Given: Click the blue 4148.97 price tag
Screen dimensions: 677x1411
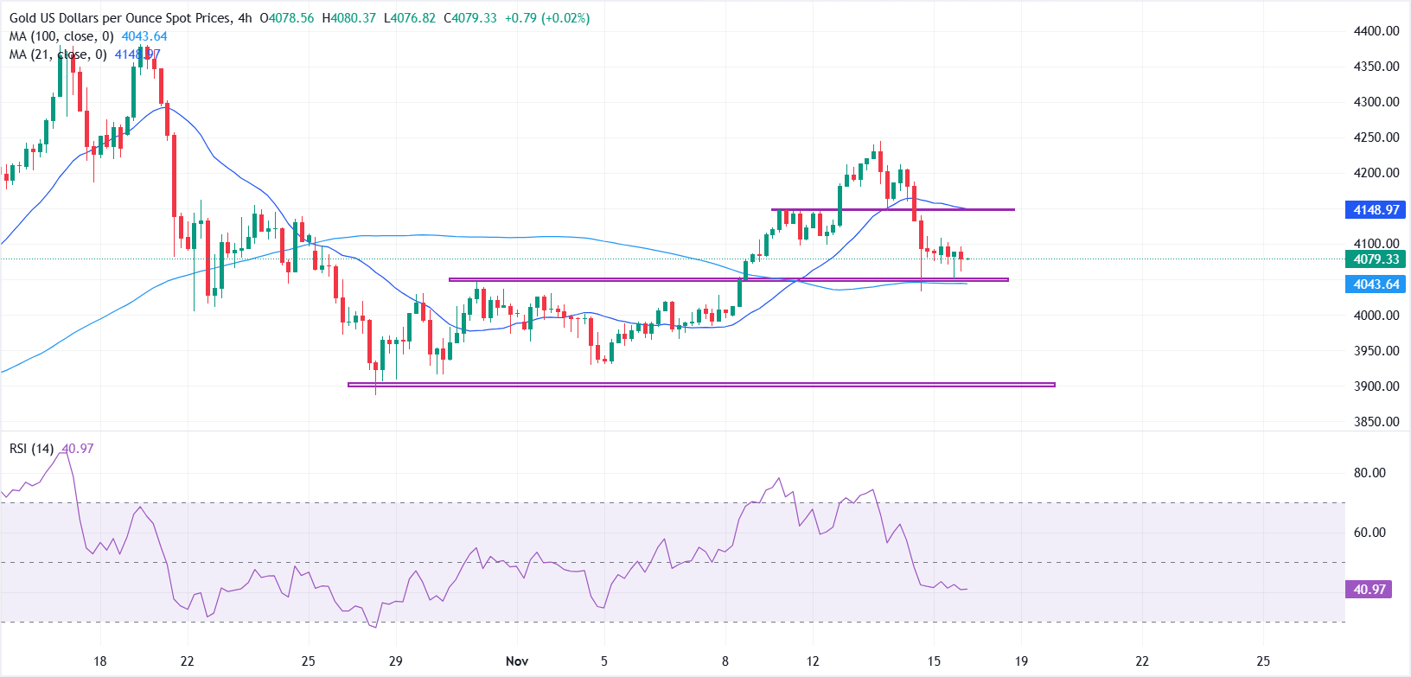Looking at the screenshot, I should (x=1376, y=210).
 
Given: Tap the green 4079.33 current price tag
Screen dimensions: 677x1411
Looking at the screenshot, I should (x=1376, y=259).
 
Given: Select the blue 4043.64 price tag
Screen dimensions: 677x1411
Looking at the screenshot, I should (x=1376, y=284).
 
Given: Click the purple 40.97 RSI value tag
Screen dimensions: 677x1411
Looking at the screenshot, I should (x=1369, y=590).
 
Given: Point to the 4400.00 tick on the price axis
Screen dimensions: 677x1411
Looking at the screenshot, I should (x=1376, y=31).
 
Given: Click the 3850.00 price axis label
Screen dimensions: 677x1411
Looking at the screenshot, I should (x=1376, y=422).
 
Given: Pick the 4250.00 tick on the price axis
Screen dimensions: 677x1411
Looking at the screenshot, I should (x=1376, y=137).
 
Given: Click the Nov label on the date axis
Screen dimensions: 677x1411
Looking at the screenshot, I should (x=517, y=661).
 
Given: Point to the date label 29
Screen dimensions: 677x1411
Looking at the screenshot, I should (x=396, y=661).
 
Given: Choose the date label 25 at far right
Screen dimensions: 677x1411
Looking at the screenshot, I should (x=1263, y=661).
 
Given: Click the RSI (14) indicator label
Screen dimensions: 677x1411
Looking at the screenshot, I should (x=32, y=449).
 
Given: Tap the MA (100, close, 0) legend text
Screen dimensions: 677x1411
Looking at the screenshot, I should (x=61, y=36).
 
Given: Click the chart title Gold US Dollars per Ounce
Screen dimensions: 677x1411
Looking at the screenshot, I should (x=120, y=18).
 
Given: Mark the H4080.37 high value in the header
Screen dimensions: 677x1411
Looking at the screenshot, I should (x=349, y=18).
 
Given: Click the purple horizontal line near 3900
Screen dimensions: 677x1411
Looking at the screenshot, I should (x=700, y=385).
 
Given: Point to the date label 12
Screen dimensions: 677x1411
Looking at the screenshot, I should (x=812, y=661).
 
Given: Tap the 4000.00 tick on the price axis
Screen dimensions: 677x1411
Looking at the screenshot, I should (x=1376, y=316).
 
